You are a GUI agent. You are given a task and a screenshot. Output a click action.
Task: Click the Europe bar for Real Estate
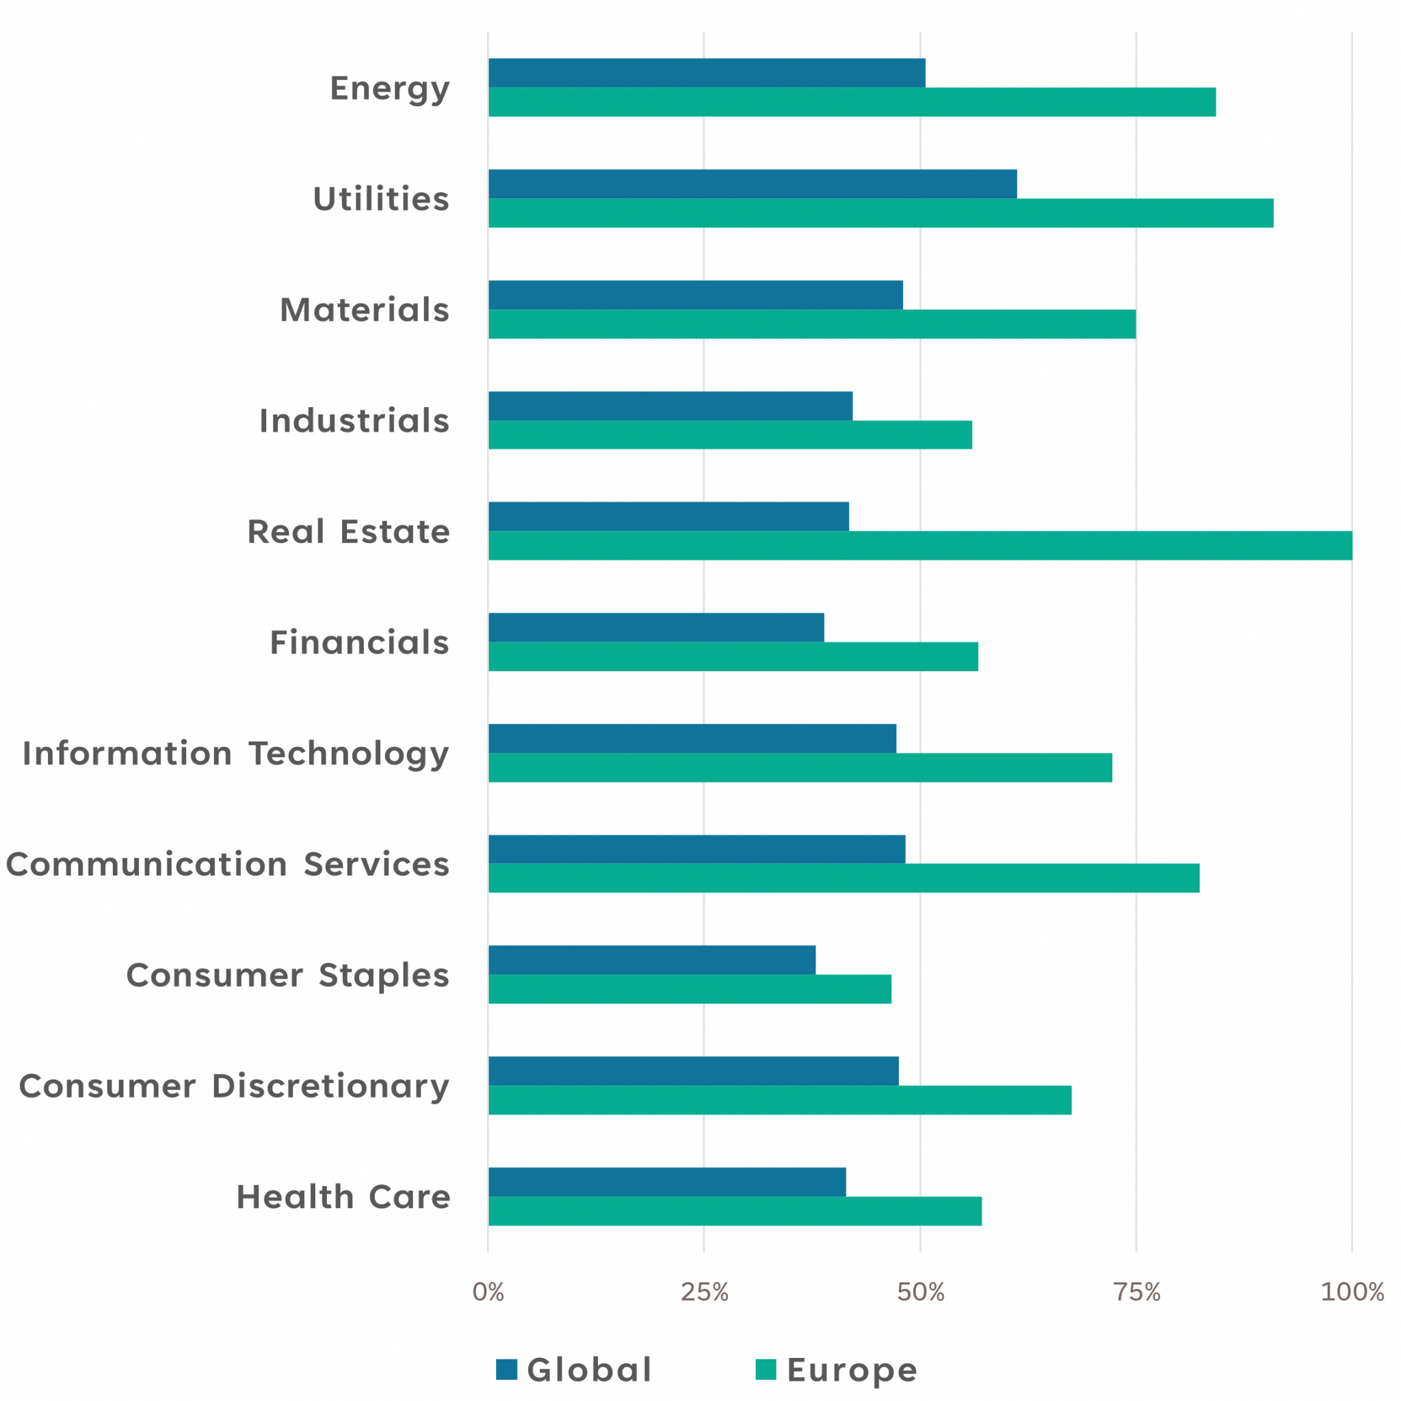(x=919, y=546)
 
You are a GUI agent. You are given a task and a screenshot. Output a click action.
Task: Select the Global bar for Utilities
(x=752, y=183)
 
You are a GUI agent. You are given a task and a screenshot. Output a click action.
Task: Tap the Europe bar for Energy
(x=852, y=102)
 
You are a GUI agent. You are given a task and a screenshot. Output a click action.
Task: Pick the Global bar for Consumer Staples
(x=652, y=959)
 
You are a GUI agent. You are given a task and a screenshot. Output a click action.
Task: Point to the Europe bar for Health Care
(x=735, y=1212)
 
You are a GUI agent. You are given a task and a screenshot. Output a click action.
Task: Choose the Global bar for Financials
(x=656, y=627)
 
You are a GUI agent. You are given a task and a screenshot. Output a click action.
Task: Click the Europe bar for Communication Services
(x=844, y=878)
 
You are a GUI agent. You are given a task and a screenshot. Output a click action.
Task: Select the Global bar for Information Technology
(x=692, y=738)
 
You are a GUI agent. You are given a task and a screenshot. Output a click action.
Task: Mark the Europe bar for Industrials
(x=730, y=435)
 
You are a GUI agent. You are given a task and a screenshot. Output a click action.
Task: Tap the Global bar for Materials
(x=696, y=294)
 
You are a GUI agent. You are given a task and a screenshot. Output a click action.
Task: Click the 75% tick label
(x=1137, y=1292)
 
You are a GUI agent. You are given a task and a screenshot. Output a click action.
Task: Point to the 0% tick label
(x=488, y=1292)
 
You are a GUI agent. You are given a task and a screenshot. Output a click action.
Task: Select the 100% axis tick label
(x=1352, y=1292)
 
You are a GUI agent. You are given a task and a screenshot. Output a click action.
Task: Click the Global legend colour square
(x=506, y=1369)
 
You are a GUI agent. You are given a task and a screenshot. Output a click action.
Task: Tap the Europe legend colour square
(x=765, y=1369)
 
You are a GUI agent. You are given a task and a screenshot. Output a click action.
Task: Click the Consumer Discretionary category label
(x=233, y=1086)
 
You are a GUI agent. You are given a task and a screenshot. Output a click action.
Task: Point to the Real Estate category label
(x=348, y=532)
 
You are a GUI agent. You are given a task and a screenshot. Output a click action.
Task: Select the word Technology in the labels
(x=349, y=754)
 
